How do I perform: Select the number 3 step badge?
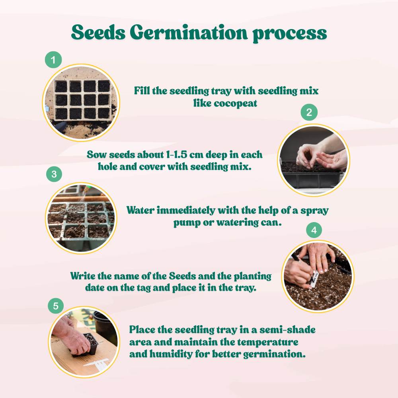[x=54, y=174]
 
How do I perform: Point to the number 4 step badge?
[x=314, y=230]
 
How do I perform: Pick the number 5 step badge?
[x=56, y=306]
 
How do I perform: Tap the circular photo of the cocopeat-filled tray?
[x=81, y=103]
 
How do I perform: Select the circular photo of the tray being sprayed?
[x=81, y=218]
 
